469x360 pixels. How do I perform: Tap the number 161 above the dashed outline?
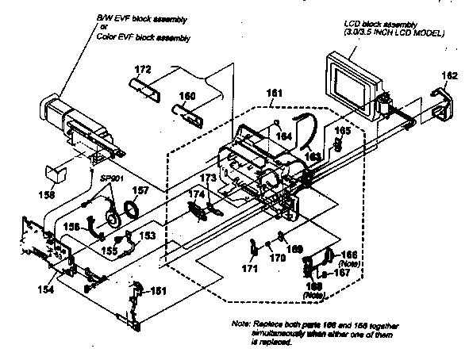coord(274,94)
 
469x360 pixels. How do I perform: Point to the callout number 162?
coord(449,75)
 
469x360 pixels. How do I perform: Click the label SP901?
coord(110,180)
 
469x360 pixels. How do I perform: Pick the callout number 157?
coord(140,191)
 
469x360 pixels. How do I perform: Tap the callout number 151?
coord(159,291)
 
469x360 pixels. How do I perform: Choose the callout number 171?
coord(251,270)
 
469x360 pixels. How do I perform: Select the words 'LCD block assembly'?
coord(382,25)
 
